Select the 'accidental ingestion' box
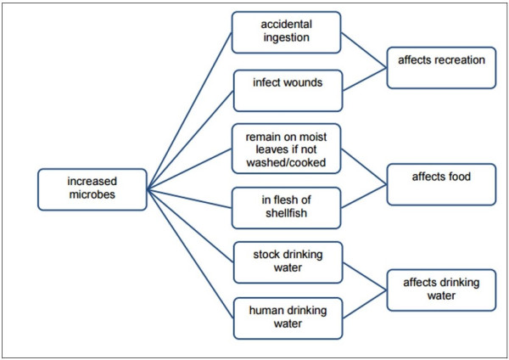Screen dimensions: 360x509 coord(286,32)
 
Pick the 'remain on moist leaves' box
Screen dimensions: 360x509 coord(286,149)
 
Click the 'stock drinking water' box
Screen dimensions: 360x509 coord(286,261)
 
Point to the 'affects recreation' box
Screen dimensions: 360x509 coord(440,61)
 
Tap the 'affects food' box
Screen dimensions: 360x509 coord(440,178)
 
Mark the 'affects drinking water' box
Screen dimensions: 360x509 coord(440,289)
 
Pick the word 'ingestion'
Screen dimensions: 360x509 coord(286,39)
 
